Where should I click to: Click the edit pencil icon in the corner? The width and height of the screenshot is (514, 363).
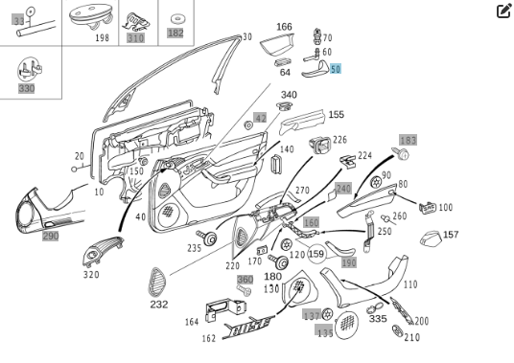point(503,11)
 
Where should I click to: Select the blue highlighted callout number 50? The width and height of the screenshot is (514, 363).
point(336,69)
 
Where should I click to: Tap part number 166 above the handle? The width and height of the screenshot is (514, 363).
point(284,27)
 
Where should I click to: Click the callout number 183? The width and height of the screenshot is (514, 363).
point(408,140)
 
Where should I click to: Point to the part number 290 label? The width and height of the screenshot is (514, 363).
point(50,236)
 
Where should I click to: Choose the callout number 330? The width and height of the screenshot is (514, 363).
point(26,88)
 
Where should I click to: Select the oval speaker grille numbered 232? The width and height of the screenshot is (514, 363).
point(159,282)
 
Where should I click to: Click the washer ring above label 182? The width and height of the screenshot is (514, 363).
point(175,18)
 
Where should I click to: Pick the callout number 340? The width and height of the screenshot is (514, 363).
point(289,95)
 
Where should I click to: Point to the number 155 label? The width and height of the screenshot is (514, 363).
point(336,115)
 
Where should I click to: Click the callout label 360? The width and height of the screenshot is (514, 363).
point(245,280)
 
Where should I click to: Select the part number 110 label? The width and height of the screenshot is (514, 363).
point(410,284)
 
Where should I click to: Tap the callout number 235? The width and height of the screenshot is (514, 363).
point(195,248)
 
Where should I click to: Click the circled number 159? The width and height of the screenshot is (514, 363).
point(316,254)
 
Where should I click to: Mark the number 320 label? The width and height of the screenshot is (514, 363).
point(91,275)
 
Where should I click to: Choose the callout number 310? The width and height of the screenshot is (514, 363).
point(135,38)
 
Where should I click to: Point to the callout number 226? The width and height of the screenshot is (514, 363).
point(339,141)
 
